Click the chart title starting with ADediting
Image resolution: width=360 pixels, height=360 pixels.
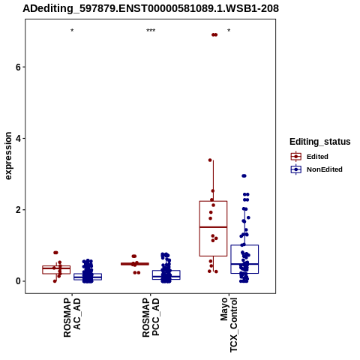(x=151, y=8)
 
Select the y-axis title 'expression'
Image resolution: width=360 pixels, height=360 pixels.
(x=8, y=156)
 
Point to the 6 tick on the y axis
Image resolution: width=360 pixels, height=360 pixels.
(x=18, y=67)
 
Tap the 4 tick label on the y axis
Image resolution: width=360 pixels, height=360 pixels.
(x=18, y=138)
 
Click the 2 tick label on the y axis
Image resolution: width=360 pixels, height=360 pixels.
(x=18, y=210)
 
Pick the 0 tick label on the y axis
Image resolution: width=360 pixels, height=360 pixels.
(x=18, y=281)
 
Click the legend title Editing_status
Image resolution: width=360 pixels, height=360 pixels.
(x=320, y=142)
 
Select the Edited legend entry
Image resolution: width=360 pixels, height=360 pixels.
(x=310, y=157)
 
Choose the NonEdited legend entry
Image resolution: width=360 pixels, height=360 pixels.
(x=316, y=169)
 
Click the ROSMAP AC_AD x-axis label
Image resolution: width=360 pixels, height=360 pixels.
(x=72, y=317)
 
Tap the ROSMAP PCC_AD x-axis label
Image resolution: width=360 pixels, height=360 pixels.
(x=151, y=317)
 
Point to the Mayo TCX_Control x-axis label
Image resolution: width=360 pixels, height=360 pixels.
(x=229, y=325)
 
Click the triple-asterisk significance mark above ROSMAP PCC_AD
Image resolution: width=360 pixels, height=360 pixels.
(x=151, y=31)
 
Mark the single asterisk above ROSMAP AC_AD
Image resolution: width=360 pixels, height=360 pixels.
(x=72, y=31)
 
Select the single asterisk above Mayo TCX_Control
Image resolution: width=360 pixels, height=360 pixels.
(x=229, y=31)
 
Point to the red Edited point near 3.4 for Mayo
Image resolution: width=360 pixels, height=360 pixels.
(x=210, y=160)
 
